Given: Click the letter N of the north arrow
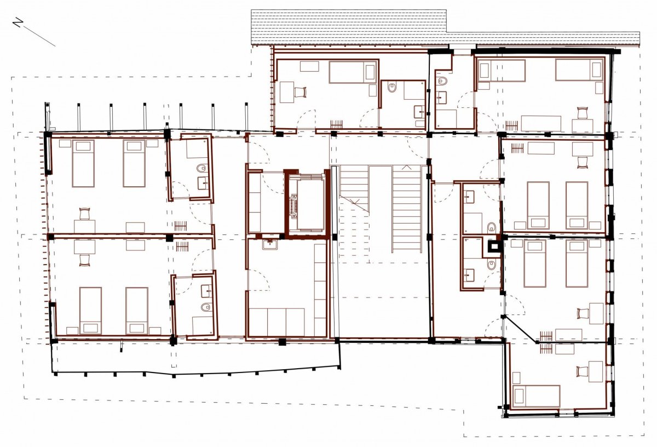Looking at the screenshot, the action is tap(18, 22).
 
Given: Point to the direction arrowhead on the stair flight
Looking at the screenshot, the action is tap(406, 167).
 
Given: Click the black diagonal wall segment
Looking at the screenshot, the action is tap(520, 329).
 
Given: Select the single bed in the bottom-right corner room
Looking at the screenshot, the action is tap(536, 396).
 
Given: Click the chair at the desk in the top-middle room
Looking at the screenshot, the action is tap(301, 92).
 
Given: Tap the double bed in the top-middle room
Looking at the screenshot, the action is tap(353, 72).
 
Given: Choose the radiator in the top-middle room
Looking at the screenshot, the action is tap(336, 124).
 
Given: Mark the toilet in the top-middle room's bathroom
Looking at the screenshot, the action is tap(392, 87).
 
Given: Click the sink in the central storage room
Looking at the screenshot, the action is tap(270, 244).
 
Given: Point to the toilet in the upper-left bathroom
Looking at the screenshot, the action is tap(201, 169).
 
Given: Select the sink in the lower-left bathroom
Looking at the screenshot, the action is tap(207, 291).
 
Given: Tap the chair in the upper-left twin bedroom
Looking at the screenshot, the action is tap(84, 214).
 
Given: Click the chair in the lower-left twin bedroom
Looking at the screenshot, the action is tap(85, 260).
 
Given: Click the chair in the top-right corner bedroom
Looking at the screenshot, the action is tap(583, 113).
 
